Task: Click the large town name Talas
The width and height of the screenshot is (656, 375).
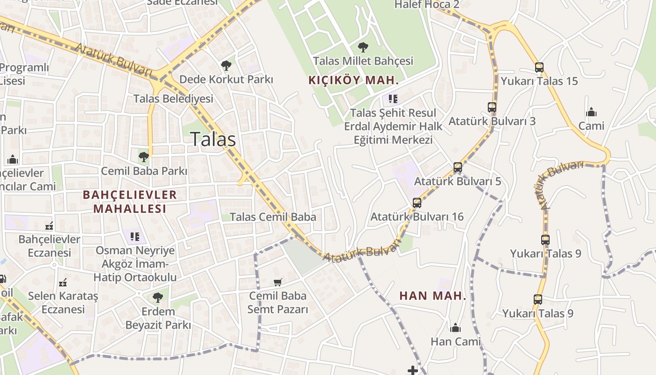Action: tap(213, 139)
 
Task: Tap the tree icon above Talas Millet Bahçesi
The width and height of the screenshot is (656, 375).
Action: tap(363, 47)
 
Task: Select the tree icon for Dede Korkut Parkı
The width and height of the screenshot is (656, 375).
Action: tap(226, 65)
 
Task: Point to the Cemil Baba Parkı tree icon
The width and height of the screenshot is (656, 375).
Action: tap(144, 157)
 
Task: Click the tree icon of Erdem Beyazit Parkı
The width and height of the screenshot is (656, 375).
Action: tap(158, 297)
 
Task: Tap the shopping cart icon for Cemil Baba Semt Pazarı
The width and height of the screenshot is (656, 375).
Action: tap(278, 282)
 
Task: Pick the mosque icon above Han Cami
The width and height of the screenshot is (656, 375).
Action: tap(455, 327)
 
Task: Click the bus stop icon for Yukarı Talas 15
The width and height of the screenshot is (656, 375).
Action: tap(539, 67)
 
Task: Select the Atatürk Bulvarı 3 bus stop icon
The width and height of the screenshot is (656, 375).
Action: tap(492, 107)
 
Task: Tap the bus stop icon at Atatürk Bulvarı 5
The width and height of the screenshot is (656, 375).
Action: tap(458, 167)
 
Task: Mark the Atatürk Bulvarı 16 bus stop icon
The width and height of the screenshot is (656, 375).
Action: tap(417, 203)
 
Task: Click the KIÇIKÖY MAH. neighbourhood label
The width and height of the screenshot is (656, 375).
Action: tap(354, 80)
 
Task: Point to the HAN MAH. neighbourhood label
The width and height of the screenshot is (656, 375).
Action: tap(432, 296)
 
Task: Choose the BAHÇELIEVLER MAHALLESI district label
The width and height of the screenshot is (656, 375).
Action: tap(130, 202)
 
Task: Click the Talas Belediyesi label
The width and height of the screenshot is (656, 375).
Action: tap(173, 99)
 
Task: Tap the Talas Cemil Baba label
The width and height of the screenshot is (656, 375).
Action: tap(273, 217)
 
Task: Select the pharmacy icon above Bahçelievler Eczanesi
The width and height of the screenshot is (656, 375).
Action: tap(49, 226)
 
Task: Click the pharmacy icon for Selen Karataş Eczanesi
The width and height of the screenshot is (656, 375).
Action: tap(63, 283)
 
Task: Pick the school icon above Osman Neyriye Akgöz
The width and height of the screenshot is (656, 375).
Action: tap(135, 237)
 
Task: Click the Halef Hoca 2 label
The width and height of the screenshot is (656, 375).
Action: tap(427, 5)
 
